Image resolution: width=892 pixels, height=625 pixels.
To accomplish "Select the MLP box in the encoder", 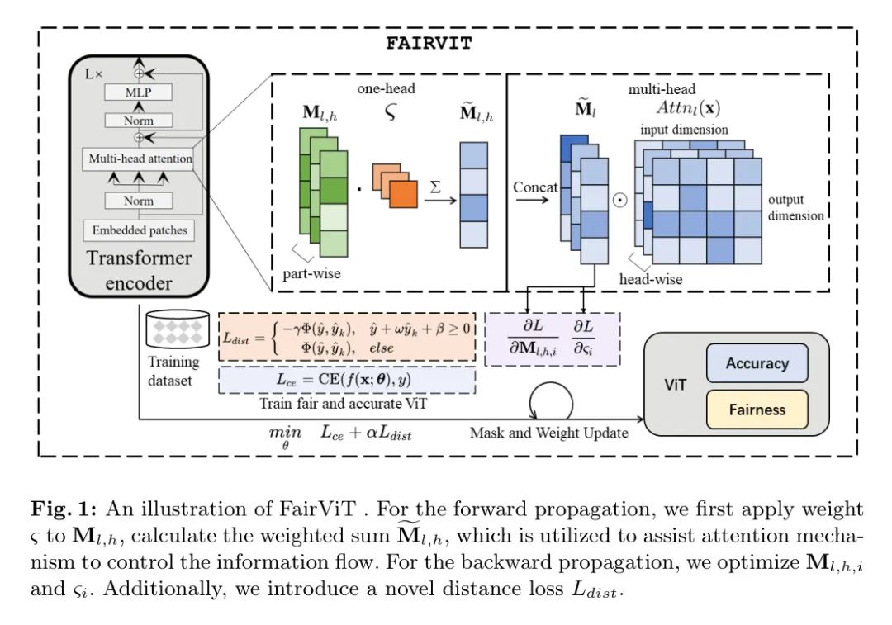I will pos(138,92).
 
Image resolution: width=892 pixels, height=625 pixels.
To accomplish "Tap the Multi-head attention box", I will pos(138,158).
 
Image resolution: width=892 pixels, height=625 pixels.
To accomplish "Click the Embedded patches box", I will pos(138,230).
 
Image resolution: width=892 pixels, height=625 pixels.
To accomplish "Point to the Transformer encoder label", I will pos(139,270).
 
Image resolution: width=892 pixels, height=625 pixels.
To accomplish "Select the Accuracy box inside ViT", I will pos(757,363).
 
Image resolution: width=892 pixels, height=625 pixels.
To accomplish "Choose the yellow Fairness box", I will pos(757,410).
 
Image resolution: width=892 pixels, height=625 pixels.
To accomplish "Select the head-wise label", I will pos(651,279).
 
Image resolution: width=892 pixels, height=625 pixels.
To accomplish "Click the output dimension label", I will pos(795,208).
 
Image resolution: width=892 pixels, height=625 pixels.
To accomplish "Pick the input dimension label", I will pos(685,130).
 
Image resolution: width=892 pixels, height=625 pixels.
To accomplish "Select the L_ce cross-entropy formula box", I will pos(345,381).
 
